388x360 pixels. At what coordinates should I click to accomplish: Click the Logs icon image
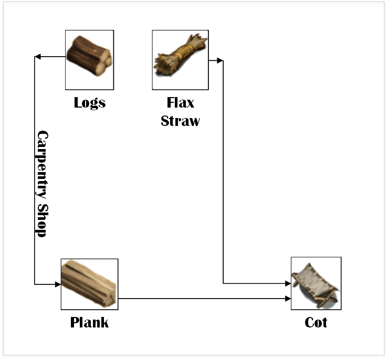click(x=90, y=60)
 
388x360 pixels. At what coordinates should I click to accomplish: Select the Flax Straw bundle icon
click(x=180, y=60)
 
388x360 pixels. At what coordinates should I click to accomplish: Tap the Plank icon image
click(x=89, y=284)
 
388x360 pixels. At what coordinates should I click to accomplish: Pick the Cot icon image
click(x=316, y=283)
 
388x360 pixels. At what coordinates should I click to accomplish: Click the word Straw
click(x=180, y=121)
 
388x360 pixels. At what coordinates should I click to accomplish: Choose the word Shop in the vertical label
click(x=42, y=221)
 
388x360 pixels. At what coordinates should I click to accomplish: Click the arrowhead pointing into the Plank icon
click(x=58, y=284)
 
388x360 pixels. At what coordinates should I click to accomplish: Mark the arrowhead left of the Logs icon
click(x=37, y=57)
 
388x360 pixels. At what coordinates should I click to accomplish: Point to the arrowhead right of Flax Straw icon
click(x=220, y=61)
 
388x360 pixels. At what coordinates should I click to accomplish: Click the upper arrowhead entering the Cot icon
click(x=288, y=283)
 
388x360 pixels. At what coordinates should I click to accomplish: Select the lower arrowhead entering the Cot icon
click(x=288, y=299)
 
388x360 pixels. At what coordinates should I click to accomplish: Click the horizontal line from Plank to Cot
click(x=205, y=299)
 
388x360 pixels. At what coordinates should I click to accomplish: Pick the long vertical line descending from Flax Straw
click(x=224, y=173)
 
